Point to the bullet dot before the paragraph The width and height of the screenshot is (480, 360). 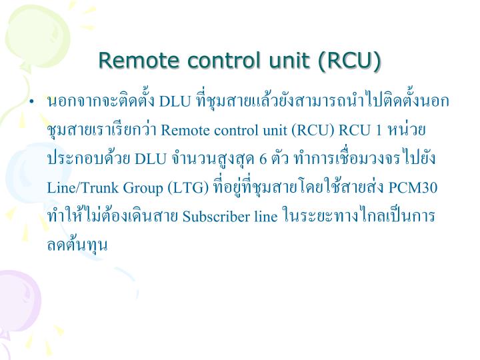click(x=31, y=103)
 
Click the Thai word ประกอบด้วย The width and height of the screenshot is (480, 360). click(x=89, y=159)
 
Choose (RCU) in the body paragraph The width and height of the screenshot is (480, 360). click(x=314, y=130)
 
